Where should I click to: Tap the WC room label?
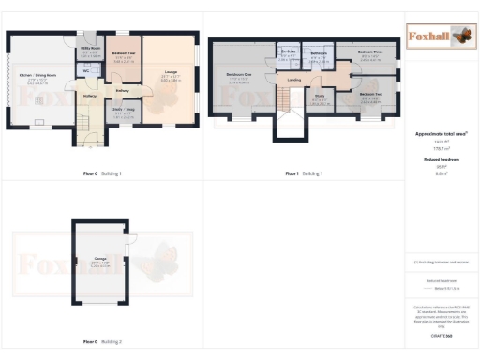86,70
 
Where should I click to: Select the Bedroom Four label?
123,54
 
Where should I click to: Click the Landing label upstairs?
294,80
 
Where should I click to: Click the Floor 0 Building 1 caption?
102,174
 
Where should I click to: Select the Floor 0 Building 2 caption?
102,342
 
